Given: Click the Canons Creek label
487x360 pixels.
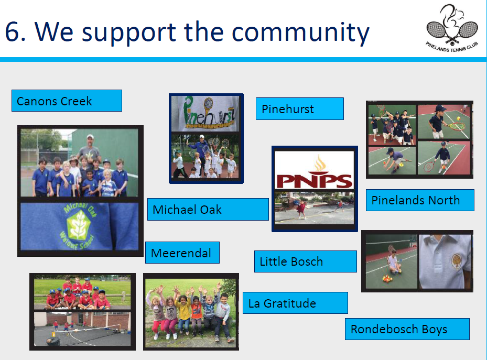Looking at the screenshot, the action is [67, 101].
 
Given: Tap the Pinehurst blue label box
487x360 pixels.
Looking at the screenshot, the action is [300, 108].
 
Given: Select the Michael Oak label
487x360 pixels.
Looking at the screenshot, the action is [208, 209].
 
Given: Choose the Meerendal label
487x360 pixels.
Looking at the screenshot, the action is [182, 253].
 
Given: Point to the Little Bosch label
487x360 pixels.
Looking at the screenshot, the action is [305, 261].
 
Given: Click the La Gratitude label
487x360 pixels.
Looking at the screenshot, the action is [295, 303].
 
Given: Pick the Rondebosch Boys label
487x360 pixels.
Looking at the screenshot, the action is [407, 329].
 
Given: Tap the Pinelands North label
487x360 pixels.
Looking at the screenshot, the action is [420, 200].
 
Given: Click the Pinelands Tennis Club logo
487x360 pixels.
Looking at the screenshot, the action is [452, 28].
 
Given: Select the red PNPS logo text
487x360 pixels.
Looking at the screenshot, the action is [315, 180].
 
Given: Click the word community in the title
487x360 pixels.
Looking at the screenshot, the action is [300, 32].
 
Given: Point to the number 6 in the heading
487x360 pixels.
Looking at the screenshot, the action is [12, 31].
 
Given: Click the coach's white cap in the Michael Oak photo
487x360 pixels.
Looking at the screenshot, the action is [90, 137].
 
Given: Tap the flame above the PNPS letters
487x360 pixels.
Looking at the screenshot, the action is [319, 162].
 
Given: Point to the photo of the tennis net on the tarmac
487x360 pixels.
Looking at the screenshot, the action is [82, 329].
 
